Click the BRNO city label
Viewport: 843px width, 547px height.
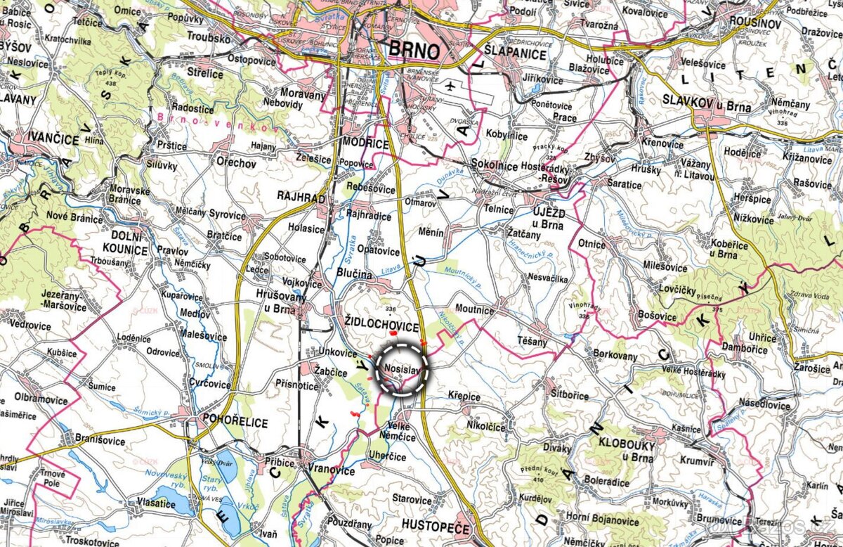click(x=414, y=51)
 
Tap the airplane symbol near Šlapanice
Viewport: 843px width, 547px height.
click(x=450, y=86)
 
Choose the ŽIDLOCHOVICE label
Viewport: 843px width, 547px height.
click(x=382, y=328)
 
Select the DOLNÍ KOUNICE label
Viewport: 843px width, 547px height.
click(x=124, y=243)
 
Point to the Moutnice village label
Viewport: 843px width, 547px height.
click(x=475, y=309)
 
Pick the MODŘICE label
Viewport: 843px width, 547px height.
click(x=365, y=143)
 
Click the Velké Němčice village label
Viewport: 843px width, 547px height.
click(x=402, y=432)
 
